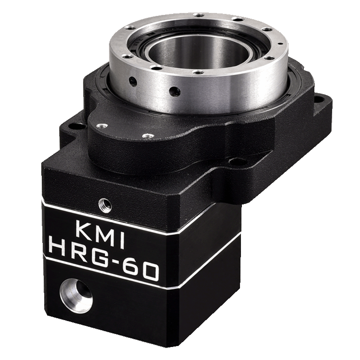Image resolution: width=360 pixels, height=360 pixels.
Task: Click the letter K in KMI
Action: [x=83, y=228]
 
